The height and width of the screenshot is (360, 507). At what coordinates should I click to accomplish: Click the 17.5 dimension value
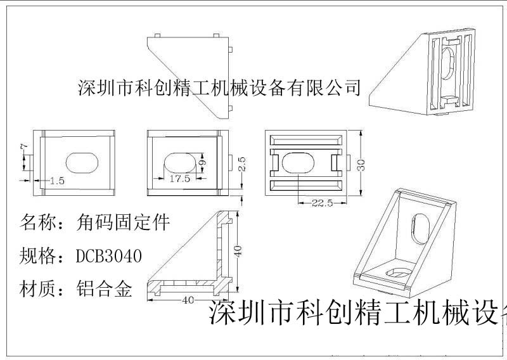180,179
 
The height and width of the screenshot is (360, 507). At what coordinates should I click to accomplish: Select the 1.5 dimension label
56,181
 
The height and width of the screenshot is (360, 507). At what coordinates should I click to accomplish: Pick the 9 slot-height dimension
202,162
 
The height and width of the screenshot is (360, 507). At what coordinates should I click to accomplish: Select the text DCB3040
108,257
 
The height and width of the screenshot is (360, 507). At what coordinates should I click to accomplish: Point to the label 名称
36,223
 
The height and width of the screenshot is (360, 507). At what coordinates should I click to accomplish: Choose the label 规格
36,257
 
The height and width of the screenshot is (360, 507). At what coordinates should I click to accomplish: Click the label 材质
36,290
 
